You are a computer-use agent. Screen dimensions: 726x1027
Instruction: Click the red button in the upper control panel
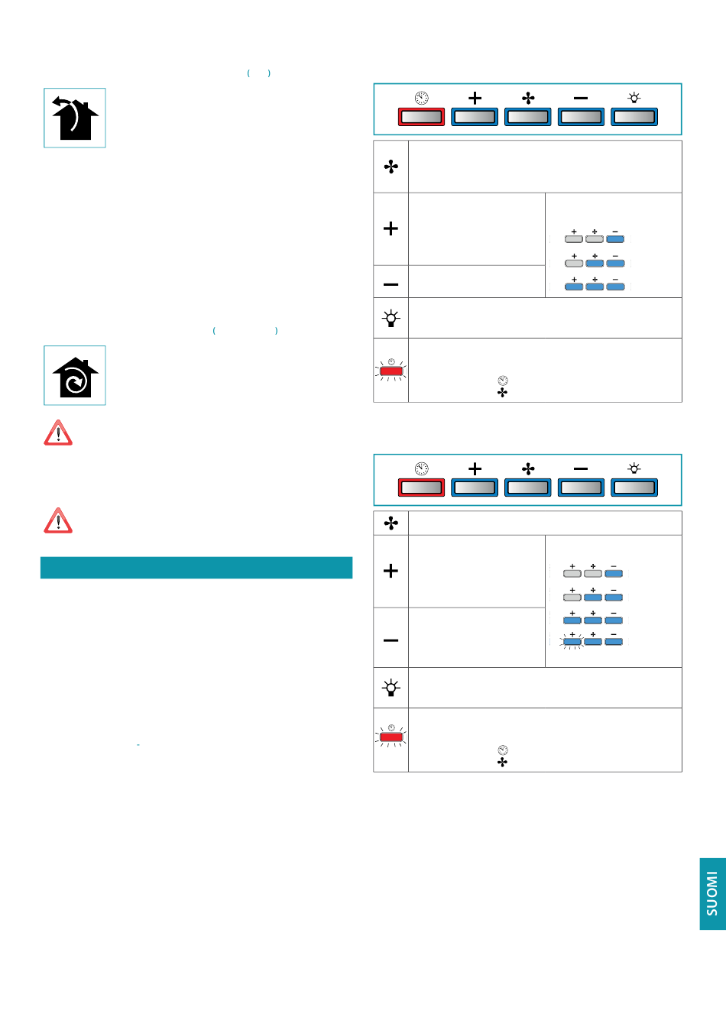coord(421,117)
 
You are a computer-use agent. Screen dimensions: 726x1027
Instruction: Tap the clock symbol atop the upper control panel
coord(421,98)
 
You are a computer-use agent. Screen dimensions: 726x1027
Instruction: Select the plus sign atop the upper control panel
coord(475,98)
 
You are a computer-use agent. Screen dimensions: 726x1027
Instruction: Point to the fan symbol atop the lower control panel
coord(528,468)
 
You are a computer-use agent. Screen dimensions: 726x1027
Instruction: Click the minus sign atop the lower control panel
coord(581,468)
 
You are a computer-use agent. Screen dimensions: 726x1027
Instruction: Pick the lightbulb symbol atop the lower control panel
coord(634,468)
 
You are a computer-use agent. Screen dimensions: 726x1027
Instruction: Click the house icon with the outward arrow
coord(75,118)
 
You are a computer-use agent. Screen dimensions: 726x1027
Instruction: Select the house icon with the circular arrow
coord(75,375)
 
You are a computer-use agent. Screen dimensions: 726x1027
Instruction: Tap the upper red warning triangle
coord(58,433)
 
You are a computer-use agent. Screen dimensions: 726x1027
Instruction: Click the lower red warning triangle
coord(58,520)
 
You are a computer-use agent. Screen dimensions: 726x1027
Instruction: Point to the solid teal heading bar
coord(196,567)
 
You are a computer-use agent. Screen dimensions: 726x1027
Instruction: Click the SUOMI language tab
coord(712,893)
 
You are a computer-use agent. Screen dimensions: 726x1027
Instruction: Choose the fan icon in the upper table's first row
coord(391,167)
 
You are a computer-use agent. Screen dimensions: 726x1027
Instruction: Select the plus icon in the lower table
coord(391,571)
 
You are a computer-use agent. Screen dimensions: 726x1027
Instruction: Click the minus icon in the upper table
coord(391,284)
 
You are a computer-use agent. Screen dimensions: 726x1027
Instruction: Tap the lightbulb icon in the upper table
coord(391,318)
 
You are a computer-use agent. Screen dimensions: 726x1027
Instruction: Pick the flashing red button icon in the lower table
coord(391,737)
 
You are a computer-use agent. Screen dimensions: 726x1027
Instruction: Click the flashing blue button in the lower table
coord(572,642)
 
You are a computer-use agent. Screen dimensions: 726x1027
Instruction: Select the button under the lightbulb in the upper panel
coord(634,117)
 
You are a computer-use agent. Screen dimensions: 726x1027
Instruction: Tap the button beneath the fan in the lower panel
coord(528,488)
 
